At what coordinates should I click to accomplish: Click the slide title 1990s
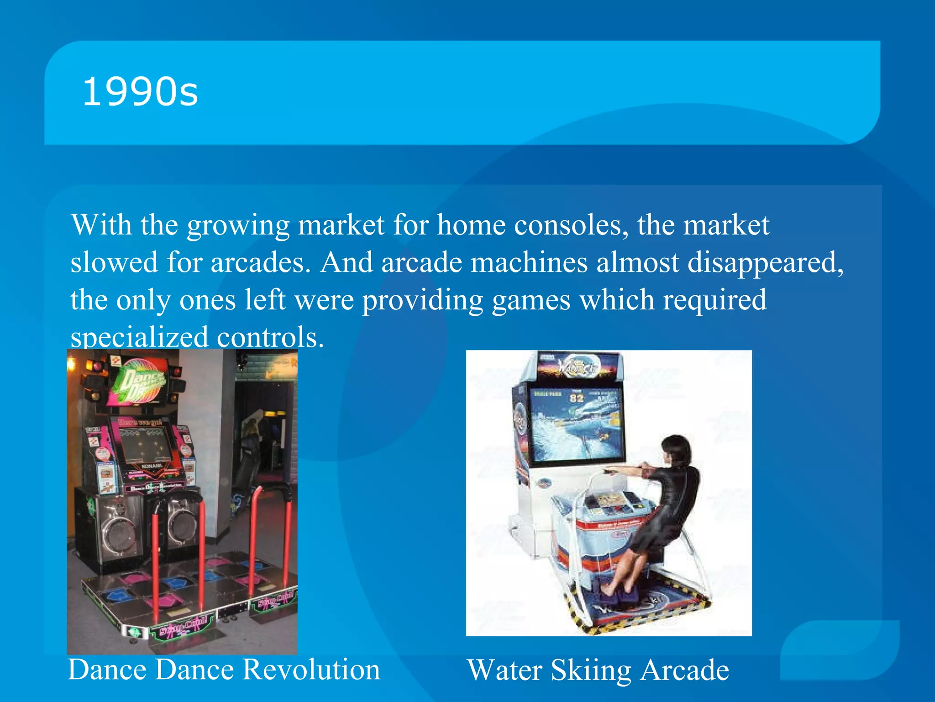click(140, 92)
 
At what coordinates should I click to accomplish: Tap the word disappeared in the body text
click(765, 263)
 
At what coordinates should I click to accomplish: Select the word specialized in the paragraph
click(139, 337)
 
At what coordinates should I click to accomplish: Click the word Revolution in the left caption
click(311, 670)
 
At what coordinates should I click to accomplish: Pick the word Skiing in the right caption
click(591, 670)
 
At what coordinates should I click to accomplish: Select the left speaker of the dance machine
click(120, 530)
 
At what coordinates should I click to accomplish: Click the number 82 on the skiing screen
click(577, 398)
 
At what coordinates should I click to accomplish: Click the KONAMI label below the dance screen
click(152, 466)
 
